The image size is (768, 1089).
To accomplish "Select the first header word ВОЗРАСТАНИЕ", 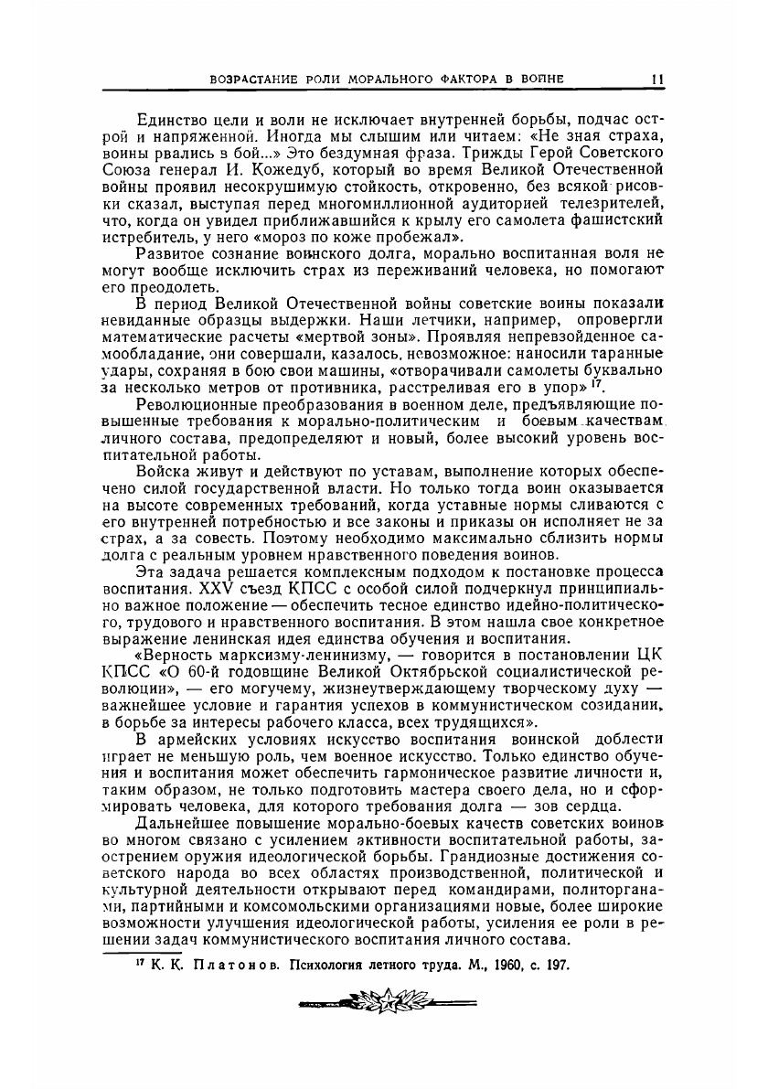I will [x=252, y=80].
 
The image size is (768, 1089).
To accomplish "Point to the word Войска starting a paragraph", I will [x=163, y=472].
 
